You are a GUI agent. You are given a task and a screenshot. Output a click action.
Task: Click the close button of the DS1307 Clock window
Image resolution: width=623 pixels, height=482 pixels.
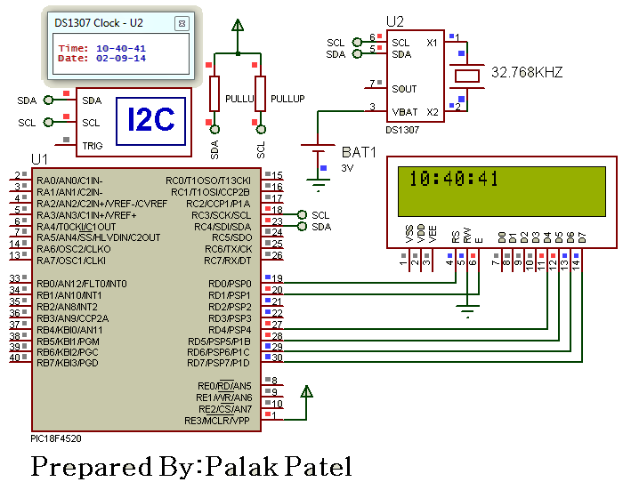(x=182, y=24)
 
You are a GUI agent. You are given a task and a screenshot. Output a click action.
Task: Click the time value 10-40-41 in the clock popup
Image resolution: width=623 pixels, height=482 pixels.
(x=121, y=48)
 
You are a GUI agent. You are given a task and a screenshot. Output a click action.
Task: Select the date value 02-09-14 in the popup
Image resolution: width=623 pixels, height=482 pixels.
(x=121, y=59)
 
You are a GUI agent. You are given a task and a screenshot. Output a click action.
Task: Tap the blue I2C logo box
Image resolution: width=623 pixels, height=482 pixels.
(x=150, y=121)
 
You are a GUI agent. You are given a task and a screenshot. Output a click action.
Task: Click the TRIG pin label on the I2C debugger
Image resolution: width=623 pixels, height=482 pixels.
(x=93, y=146)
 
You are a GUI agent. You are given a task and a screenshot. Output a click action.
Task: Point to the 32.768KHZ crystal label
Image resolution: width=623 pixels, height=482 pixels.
(x=527, y=72)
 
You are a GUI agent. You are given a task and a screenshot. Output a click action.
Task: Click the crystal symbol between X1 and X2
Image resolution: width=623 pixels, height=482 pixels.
(x=467, y=76)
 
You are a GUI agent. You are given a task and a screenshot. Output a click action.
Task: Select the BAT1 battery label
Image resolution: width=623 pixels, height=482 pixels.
(x=359, y=152)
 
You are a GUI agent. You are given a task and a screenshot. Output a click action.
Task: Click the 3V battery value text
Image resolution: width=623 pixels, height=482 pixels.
(x=347, y=168)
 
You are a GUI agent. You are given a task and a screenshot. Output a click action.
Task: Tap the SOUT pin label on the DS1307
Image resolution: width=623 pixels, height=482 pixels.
(x=404, y=89)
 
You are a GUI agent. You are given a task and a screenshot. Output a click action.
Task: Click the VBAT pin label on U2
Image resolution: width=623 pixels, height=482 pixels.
(x=404, y=112)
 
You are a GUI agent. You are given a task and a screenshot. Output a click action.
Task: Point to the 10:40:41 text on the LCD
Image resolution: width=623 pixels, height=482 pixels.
(x=453, y=179)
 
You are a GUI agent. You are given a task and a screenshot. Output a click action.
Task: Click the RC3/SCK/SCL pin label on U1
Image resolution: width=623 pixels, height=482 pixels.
(x=221, y=215)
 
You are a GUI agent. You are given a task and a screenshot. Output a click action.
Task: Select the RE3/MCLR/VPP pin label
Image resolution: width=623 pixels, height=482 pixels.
(x=217, y=421)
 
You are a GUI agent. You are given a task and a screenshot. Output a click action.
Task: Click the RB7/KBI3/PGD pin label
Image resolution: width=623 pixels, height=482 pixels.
(x=67, y=363)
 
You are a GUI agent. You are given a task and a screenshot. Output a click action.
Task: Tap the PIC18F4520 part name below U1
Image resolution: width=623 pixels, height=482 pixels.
(x=56, y=438)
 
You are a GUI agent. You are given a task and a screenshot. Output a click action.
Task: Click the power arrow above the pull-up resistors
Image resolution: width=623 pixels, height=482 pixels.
(x=238, y=26)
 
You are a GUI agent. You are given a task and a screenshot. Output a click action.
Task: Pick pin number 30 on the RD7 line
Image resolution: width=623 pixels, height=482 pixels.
(x=277, y=357)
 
